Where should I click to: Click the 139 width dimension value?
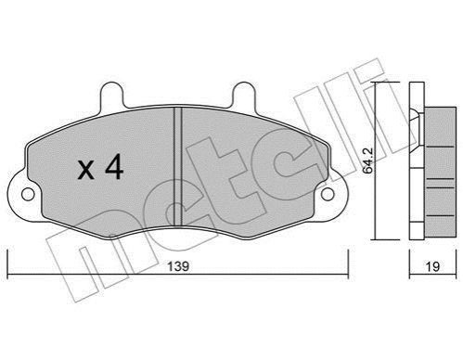(178, 266)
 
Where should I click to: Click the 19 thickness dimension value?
(432, 266)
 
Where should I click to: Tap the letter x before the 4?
(85, 171)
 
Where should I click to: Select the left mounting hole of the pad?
(28, 194)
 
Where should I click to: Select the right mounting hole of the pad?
(328, 194)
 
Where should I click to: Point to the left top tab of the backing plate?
(111, 95)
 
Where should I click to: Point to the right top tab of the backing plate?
(244, 95)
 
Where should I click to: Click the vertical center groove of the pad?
(177, 166)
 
